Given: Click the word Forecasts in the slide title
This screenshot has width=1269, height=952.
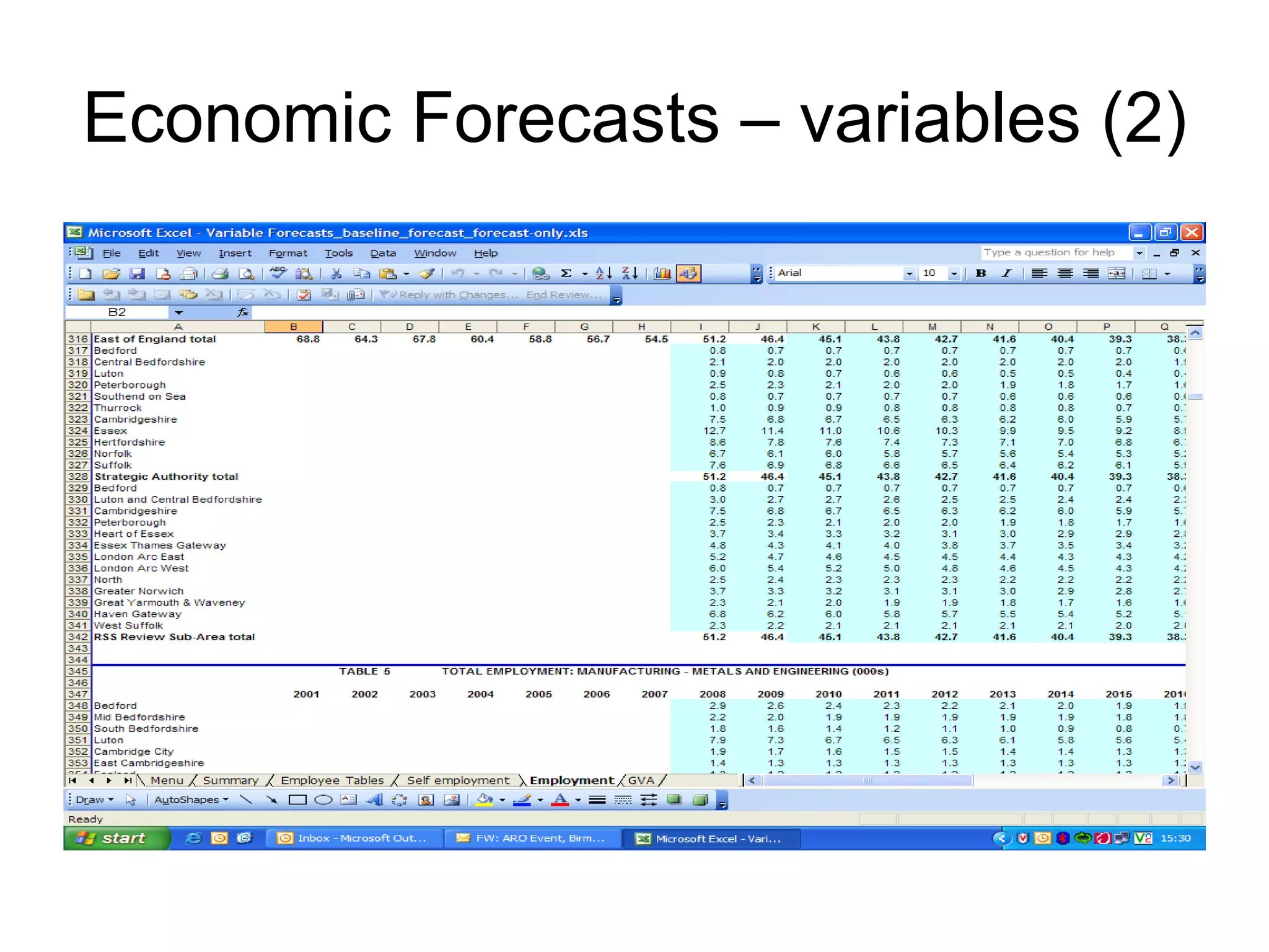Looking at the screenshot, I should (x=564, y=117).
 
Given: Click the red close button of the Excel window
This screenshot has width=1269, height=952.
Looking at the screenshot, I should (x=1191, y=232).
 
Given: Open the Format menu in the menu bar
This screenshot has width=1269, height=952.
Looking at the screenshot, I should (x=288, y=253).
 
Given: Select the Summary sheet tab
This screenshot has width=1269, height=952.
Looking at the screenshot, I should (x=231, y=780).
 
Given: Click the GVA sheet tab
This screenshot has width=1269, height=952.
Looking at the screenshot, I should (x=641, y=780).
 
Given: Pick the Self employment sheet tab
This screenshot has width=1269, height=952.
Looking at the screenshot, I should (x=458, y=780).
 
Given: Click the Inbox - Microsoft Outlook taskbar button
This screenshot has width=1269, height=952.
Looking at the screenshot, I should (x=354, y=838).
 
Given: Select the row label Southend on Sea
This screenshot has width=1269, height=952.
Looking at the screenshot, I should (x=139, y=397).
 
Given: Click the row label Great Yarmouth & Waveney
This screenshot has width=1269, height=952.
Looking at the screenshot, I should (x=169, y=603).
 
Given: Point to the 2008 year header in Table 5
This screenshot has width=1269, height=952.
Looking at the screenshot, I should (x=713, y=694).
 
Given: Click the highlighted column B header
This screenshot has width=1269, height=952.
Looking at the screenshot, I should (x=293, y=327).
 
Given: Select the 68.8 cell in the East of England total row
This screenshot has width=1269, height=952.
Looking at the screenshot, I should (x=307, y=339).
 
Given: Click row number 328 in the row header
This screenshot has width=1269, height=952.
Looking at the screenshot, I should (x=78, y=477).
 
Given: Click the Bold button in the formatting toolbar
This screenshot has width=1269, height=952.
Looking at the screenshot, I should (x=981, y=273).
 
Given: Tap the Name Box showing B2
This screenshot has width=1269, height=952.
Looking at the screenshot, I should (x=117, y=312).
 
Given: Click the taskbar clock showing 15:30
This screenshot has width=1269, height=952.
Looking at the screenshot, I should (x=1175, y=838).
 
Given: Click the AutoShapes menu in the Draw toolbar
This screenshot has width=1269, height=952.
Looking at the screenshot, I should (x=190, y=800).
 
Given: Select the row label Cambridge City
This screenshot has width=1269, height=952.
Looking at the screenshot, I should (x=134, y=752).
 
